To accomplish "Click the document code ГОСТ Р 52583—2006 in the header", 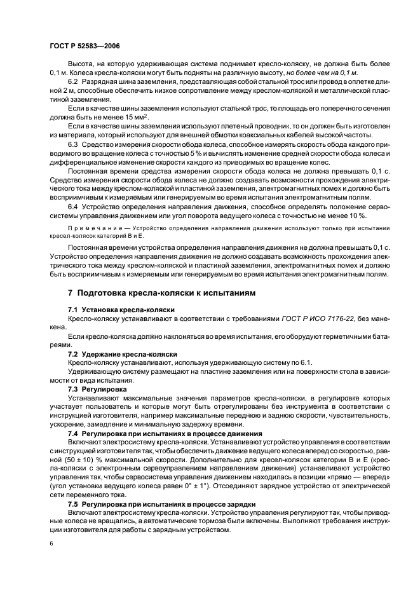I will [x=84, y=46].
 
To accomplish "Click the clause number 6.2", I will [x=72, y=83].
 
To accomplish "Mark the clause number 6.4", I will [x=72, y=207].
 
